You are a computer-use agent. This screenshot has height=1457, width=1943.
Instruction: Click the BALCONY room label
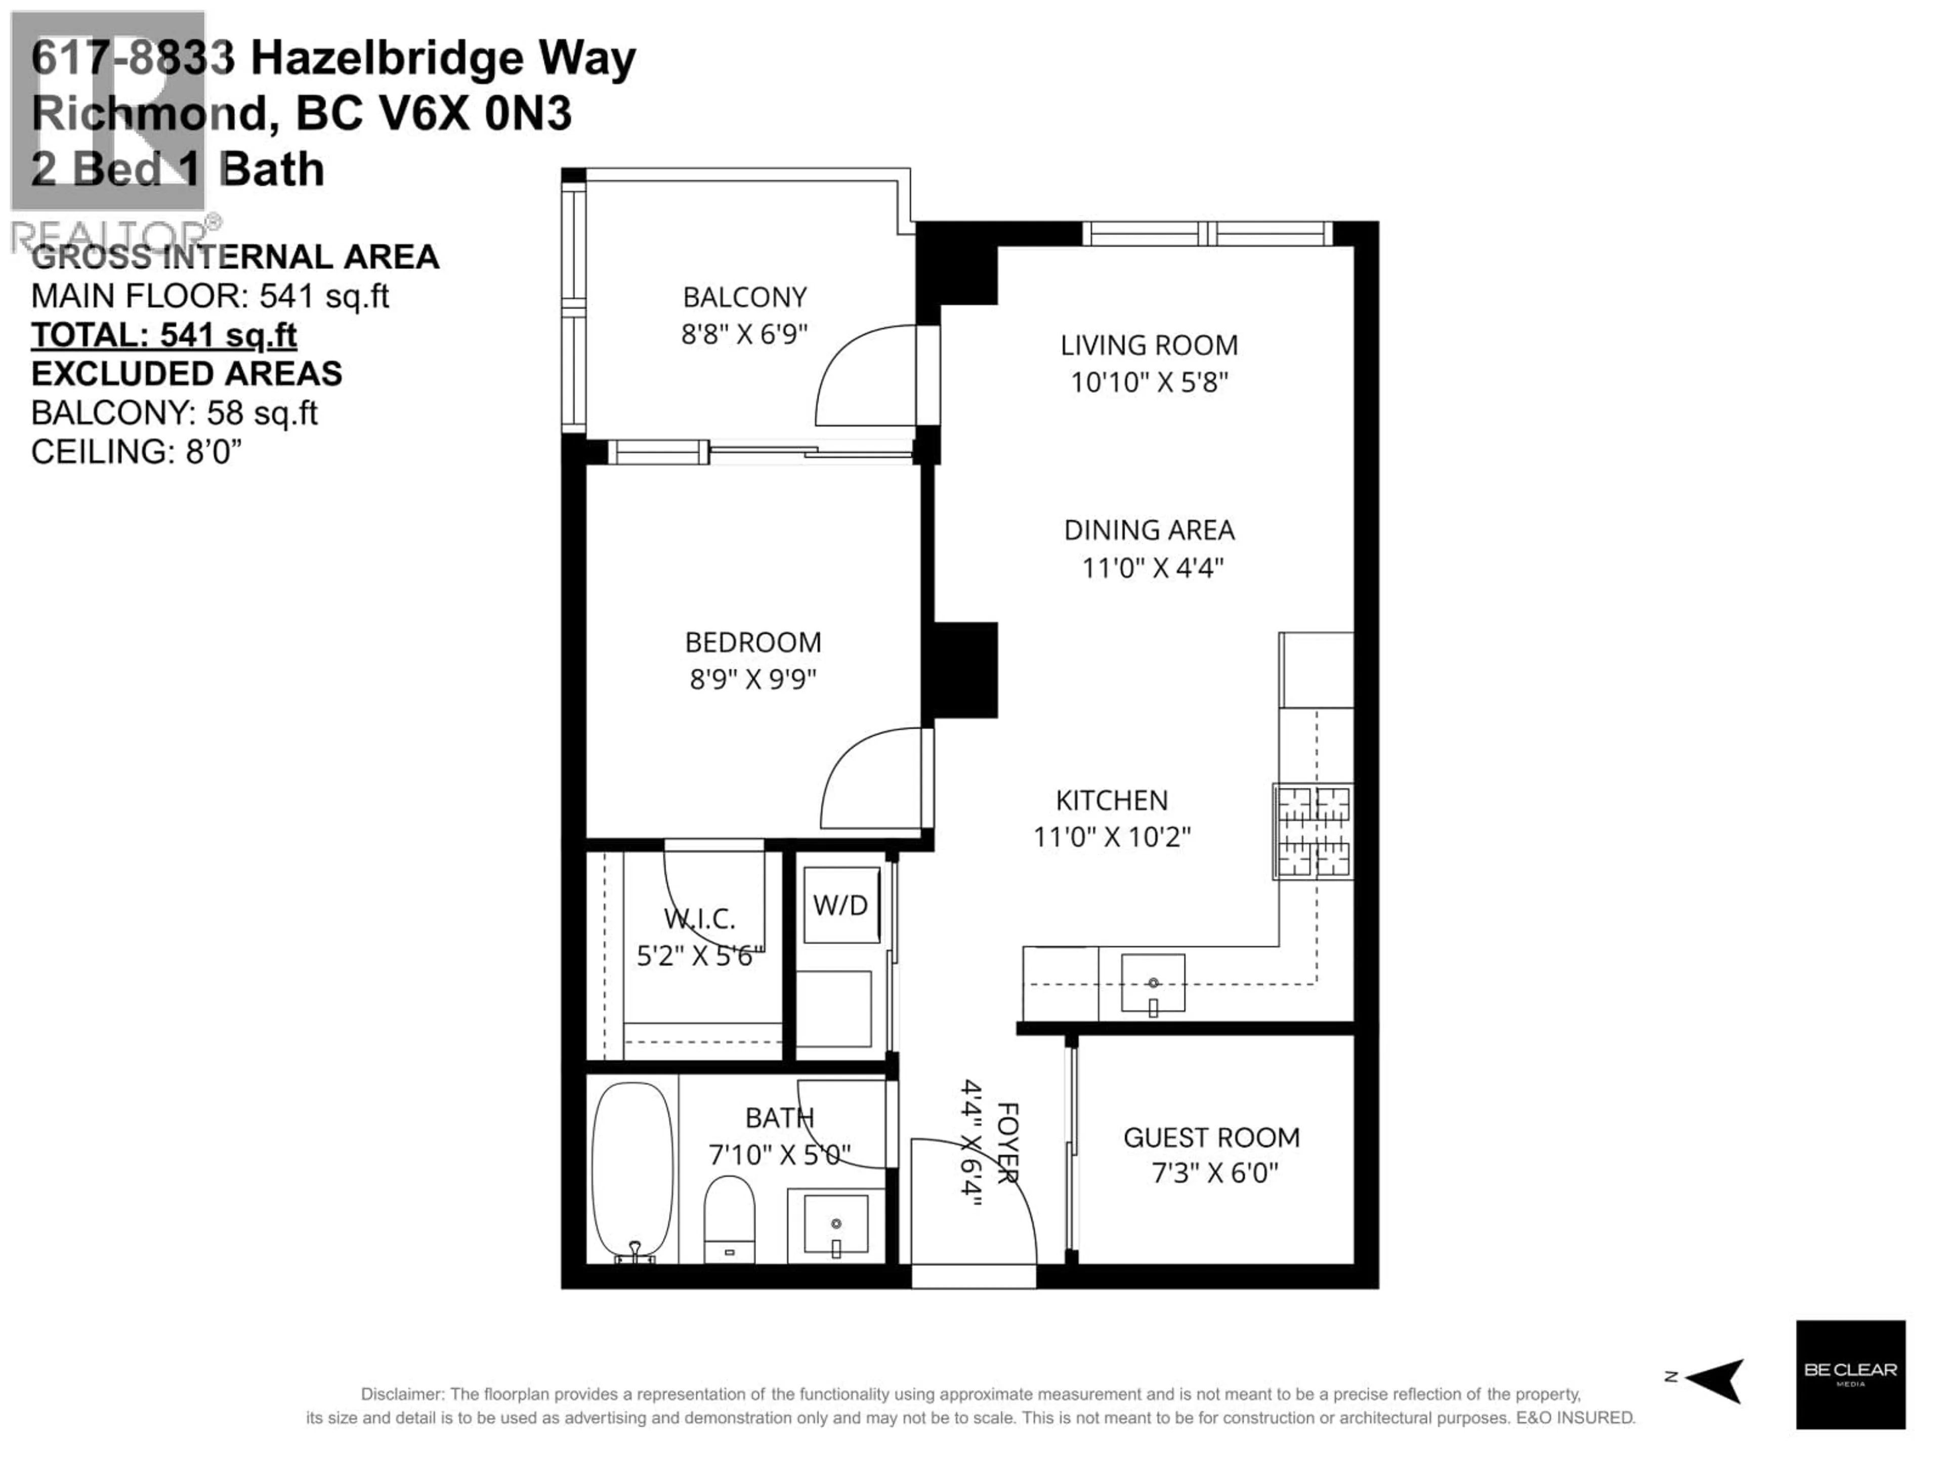pyautogui.click(x=744, y=297)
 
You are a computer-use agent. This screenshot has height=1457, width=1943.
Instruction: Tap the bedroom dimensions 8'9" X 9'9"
pyautogui.click(x=753, y=679)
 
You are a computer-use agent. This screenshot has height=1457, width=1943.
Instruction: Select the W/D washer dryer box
pyautogui.click(x=840, y=906)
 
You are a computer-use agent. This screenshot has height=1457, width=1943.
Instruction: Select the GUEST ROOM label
pyautogui.click(x=1211, y=1138)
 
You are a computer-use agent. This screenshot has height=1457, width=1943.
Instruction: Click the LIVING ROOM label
pyautogui.click(x=1149, y=345)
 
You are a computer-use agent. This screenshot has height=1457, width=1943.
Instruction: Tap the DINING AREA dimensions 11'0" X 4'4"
pyautogui.click(x=1152, y=568)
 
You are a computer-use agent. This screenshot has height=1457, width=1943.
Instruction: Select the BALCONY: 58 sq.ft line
pyautogui.click(x=174, y=413)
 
